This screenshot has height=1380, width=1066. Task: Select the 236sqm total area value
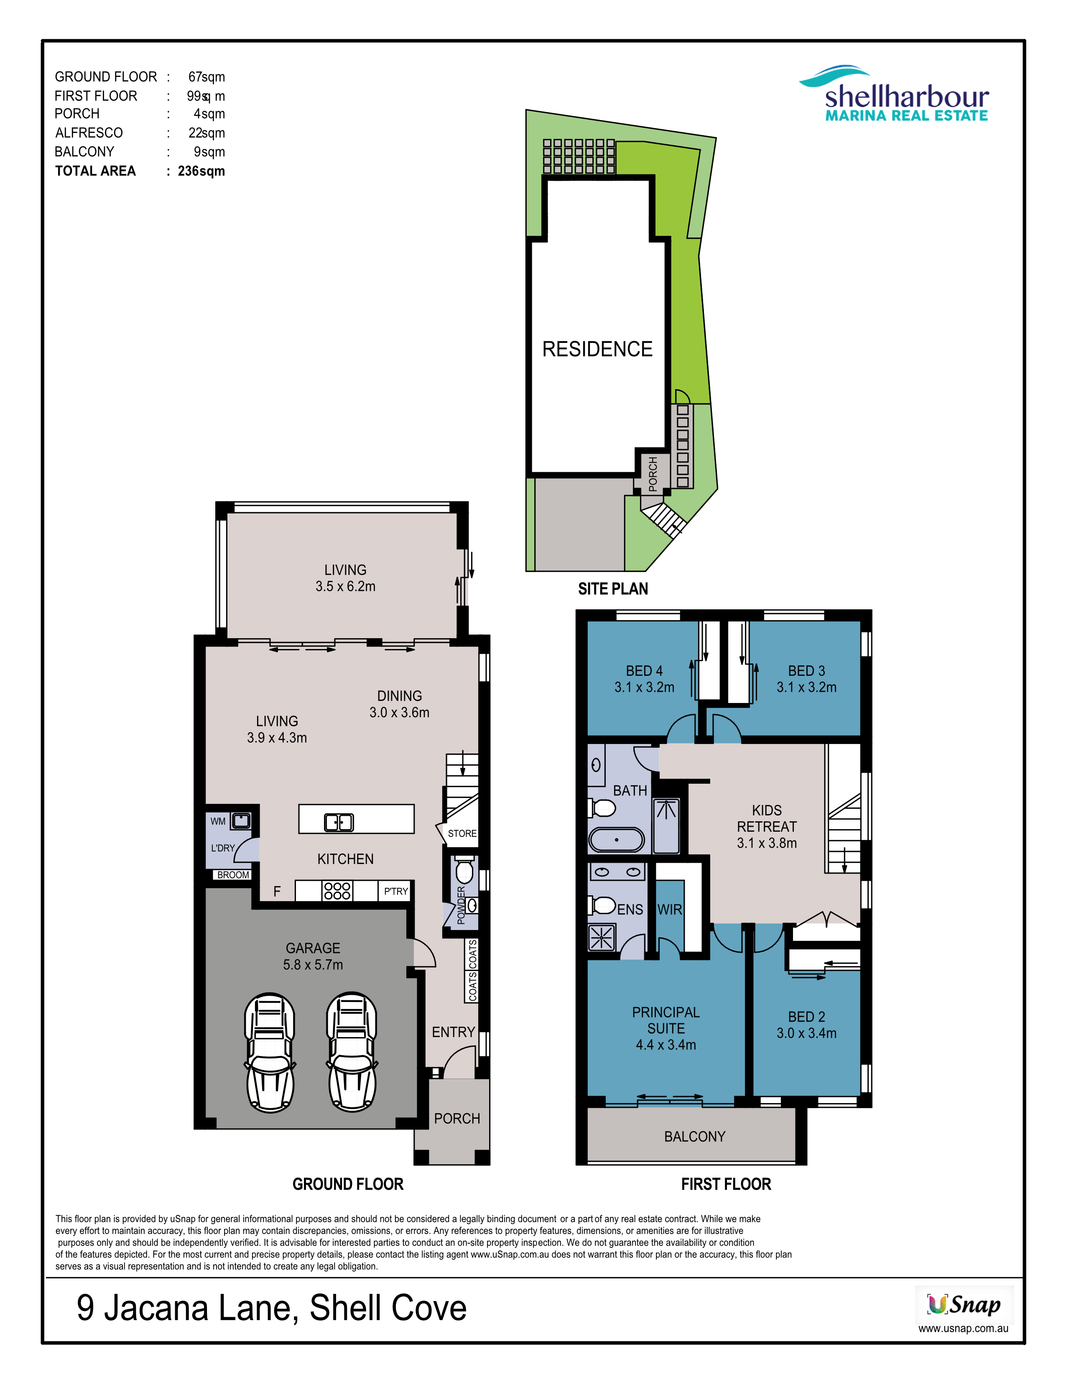tap(201, 171)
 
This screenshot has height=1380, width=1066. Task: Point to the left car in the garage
tap(270, 1051)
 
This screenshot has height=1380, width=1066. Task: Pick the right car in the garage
tap(352, 1051)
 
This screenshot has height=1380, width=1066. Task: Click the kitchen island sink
tap(339, 822)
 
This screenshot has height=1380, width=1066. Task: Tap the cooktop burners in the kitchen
tap(337, 891)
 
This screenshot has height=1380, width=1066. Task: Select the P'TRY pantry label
tap(396, 892)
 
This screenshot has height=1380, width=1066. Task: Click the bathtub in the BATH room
tap(616, 840)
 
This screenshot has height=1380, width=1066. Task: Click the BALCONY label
tap(695, 1137)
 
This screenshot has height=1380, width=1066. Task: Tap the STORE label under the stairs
tap(462, 833)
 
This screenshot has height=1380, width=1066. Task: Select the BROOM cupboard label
tap(233, 875)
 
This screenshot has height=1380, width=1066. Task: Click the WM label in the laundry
tap(218, 821)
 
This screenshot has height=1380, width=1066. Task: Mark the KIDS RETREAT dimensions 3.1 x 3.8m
tap(767, 843)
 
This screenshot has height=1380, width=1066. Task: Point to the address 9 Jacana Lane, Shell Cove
tap(272, 1308)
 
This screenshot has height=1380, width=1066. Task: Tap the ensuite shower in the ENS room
tap(601, 938)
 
